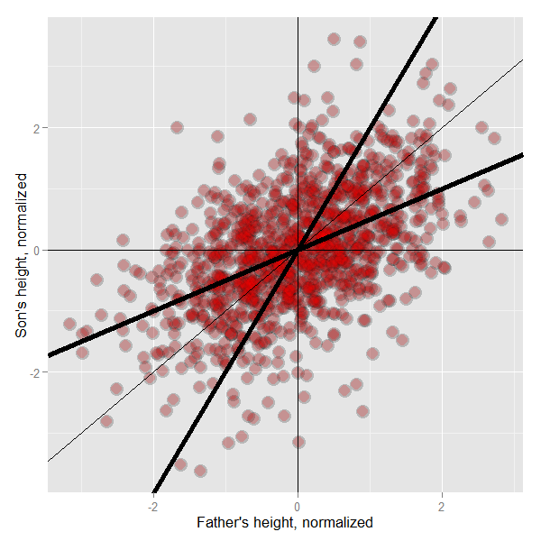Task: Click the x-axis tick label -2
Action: pyautogui.click(x=152, y=506)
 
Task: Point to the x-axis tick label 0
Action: pyautogui.click(x=298, y=506)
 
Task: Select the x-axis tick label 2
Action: pyautogui.click(x=442, y=506)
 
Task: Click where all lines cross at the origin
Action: pyautogui.click(x=298, y=250)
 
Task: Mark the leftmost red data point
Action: pyautogui.click(x=70, y=324)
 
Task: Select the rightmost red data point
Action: pyautogui.click(x=501, y=219)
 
